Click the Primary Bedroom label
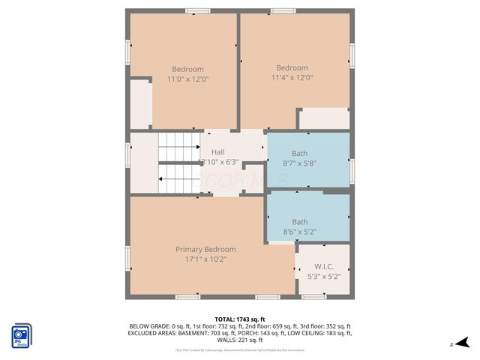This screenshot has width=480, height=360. click(x=205, y=249)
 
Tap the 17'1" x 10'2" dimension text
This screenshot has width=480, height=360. click(x=205, y=259)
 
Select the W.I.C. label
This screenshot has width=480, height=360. click(x=324, y=266)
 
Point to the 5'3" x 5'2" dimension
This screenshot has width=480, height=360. click(x=324, y=276)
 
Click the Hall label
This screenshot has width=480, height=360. click(x=217, y=152)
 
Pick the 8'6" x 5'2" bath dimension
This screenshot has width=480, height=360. click(x=299, y=232)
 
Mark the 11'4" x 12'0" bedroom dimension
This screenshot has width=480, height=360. click(x=292, y=76)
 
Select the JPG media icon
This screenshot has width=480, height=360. click(x=21, y=334)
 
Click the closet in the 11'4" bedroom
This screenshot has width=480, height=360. click(x=324, y=119)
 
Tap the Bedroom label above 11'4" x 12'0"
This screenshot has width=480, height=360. click(x=292, y=67)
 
